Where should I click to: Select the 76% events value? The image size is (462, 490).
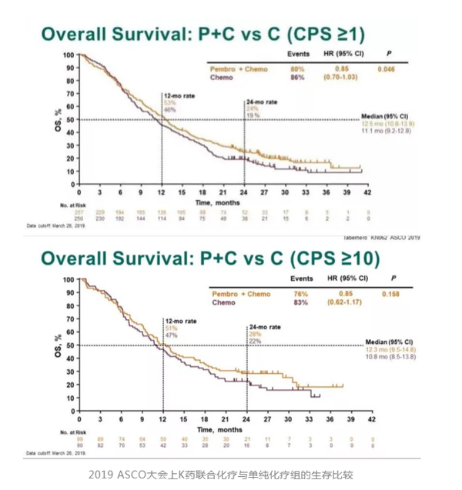[x=303, y=293]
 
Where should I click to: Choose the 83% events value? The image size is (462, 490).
[x=303, y=302]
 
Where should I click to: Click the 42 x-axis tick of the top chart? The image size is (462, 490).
[x=367, y=191]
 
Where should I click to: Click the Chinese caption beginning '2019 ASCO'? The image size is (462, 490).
[x=231, y=474]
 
